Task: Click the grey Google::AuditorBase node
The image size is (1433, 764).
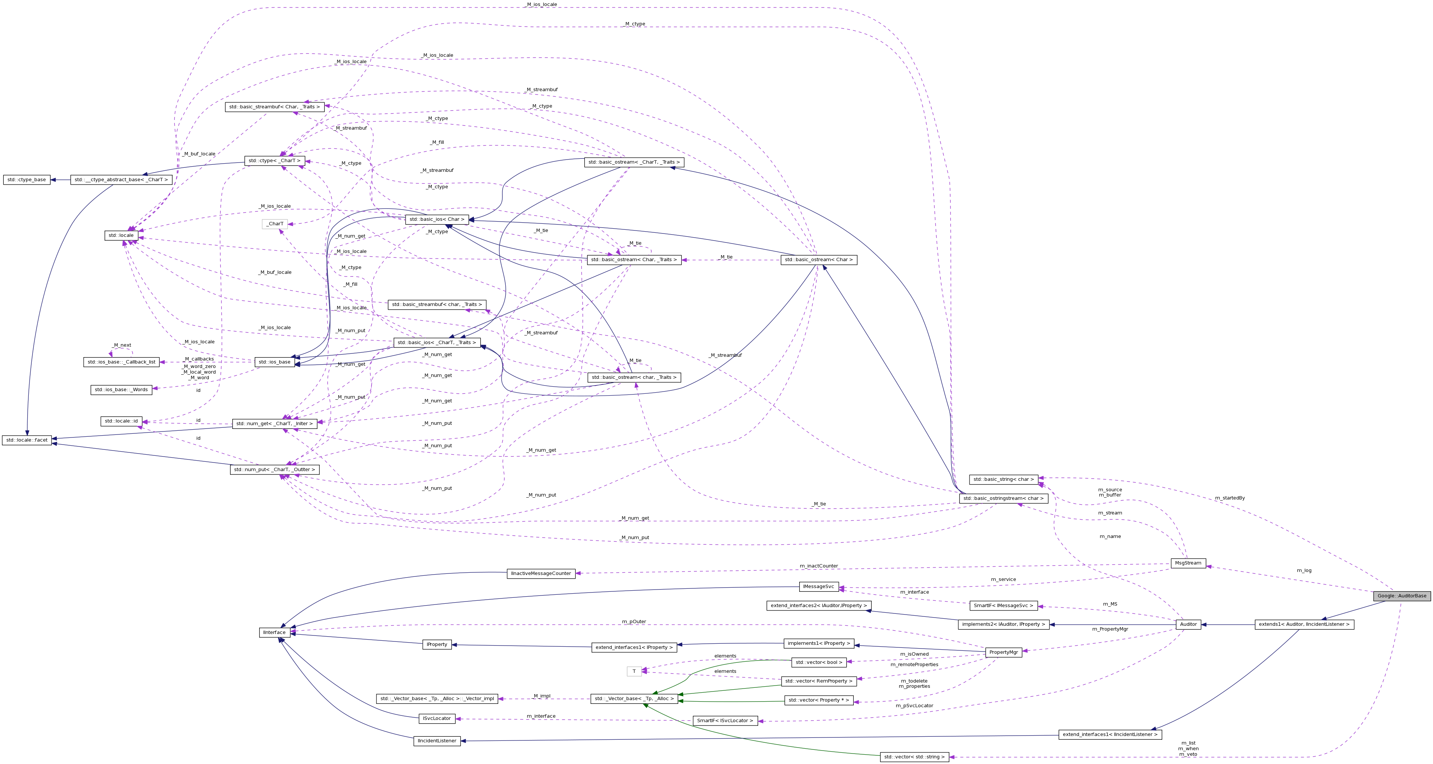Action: (1401, 596)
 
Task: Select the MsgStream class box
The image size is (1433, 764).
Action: (1188, 563)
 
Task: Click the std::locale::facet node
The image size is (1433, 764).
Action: (26, 440)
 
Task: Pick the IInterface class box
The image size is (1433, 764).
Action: (274, 632)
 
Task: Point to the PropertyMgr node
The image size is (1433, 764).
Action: (1004, 652)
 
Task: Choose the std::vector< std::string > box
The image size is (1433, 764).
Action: (914, 757)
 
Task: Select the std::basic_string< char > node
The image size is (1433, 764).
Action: (1004, 479)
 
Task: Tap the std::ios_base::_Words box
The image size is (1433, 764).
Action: (121, 390)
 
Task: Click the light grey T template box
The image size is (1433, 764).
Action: (634, 672)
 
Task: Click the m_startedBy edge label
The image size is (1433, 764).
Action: (1229, 498)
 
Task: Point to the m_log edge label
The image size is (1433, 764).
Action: (1304, 570)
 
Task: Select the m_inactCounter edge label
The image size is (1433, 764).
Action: (818, 566)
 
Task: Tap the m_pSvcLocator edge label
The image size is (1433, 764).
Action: (914, 706)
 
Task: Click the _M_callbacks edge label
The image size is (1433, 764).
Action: (199, 359)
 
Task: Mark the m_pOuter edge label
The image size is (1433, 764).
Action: (634, 622)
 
